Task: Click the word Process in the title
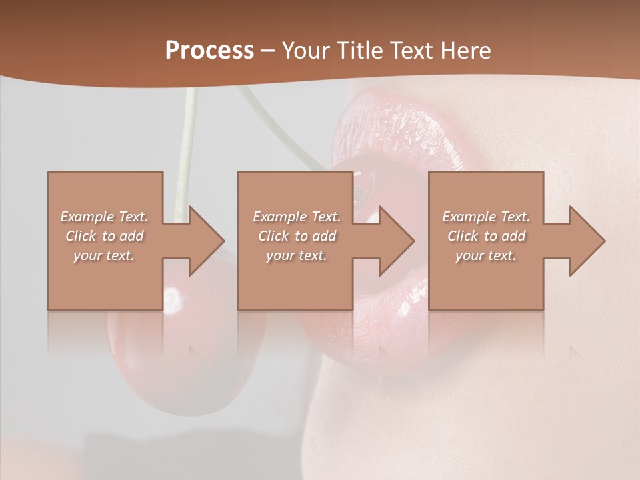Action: click(x=209, y=51)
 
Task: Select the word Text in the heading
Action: click(x=412, y=51)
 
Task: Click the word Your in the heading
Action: click(x=306, y=51)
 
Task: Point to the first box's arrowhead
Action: click(x=207, y=241)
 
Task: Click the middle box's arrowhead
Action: click(x=397, y=241)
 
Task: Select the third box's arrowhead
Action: click(x=587, y=241)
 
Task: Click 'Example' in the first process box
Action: click(x=87, y=217)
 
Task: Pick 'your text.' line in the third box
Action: click(x=485, y=255)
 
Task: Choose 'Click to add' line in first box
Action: click(x=105, y=236)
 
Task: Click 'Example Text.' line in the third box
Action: click(x=486, y=217)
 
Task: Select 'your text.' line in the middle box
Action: click(x=296, y=255)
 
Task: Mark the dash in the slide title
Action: click(x=267, y=51)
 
